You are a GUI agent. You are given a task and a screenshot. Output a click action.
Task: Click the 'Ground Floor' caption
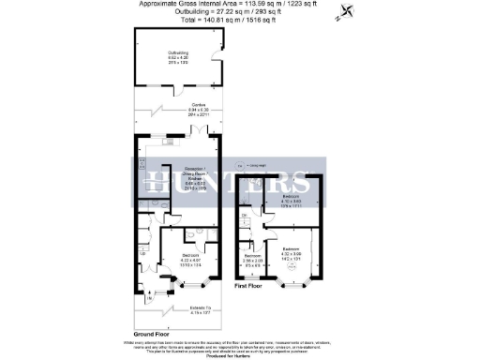151,332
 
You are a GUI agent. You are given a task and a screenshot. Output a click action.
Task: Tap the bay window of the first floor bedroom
296,282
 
